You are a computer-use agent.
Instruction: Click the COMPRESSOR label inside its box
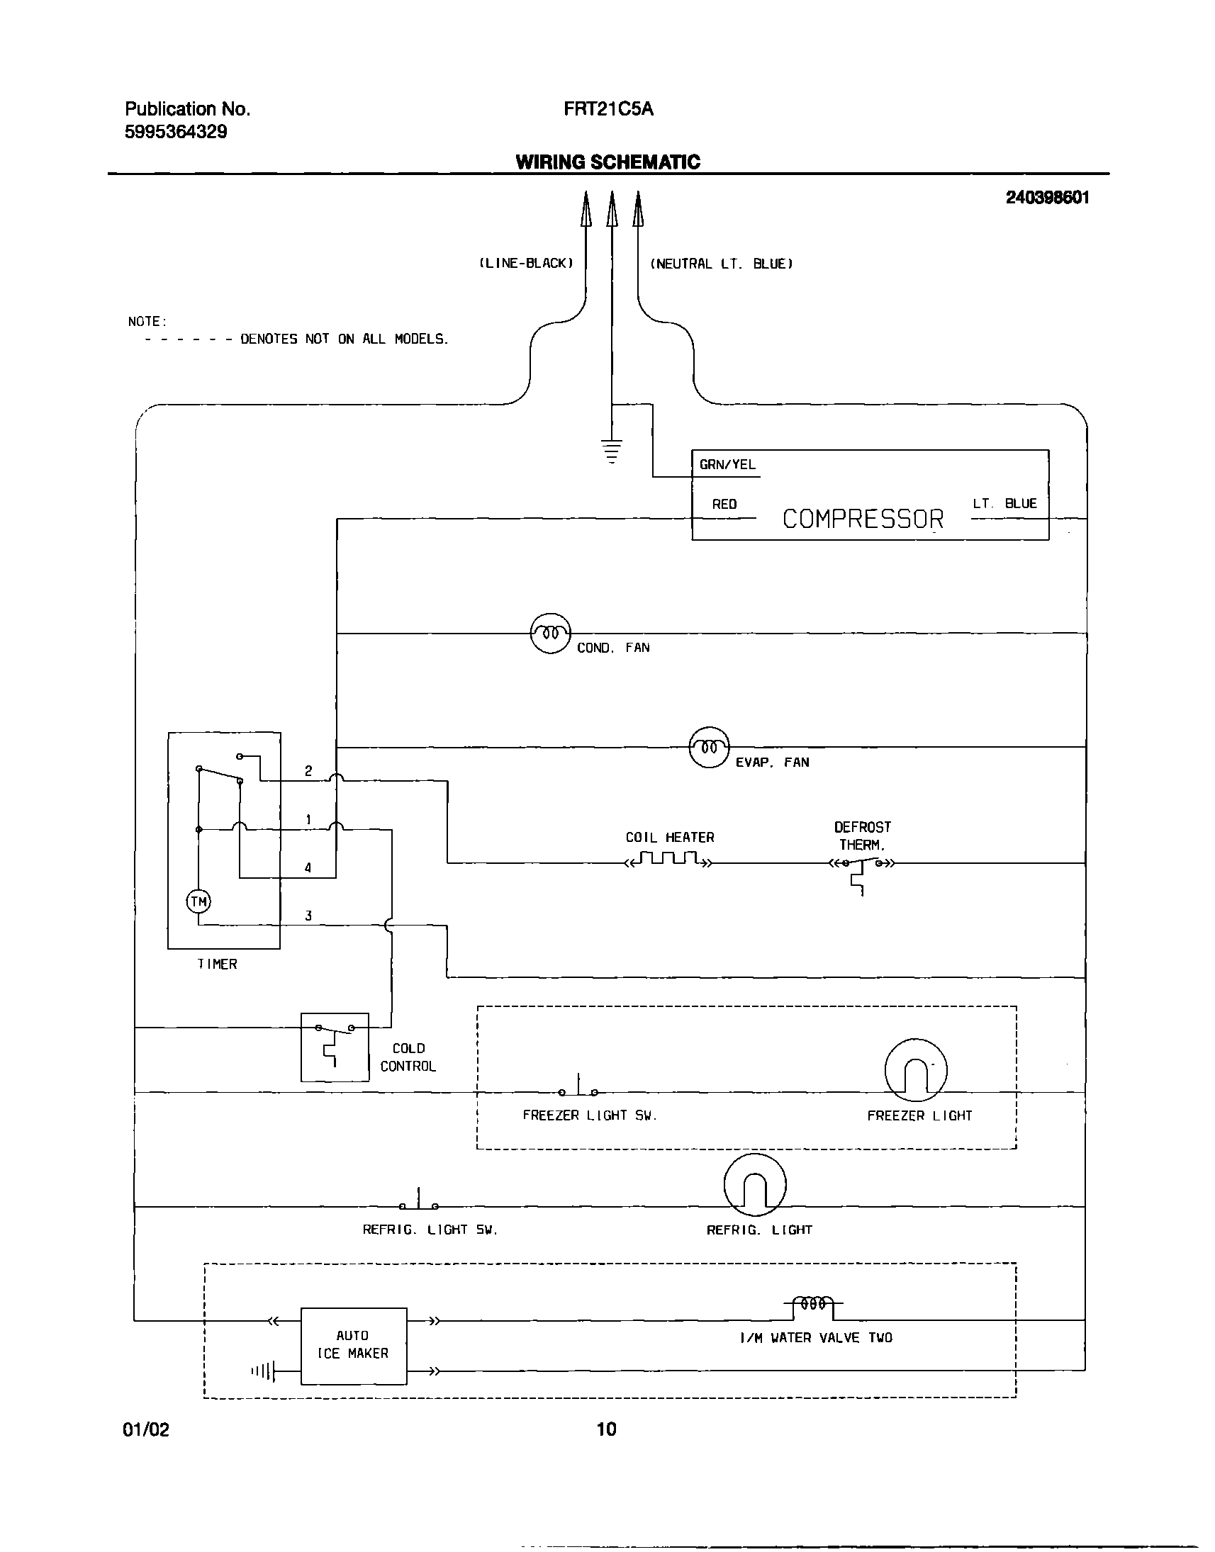[x=862, y=519]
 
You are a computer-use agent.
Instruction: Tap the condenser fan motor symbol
[x=550, y=632]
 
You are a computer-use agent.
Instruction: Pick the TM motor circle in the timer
[x=198, y=902]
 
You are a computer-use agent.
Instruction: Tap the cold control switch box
[x=335, y=1047]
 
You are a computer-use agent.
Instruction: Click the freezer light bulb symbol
[x=916, y=1071]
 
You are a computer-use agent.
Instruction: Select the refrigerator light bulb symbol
[x=755, y=1185]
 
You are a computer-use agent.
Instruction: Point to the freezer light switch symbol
[x=578, y=1089]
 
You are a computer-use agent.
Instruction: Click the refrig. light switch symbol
[x=419, y=1203]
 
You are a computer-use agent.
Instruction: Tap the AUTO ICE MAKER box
[x=354, y=1346]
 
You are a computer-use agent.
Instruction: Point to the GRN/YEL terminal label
[x=727, y=464]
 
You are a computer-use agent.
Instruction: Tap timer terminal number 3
[x=308, y=916]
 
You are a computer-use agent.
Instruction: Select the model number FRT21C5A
[x=608, y=109]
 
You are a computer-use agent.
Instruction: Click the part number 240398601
[x=1047, y=198]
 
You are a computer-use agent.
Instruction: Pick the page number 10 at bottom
[x=606, y=1428]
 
